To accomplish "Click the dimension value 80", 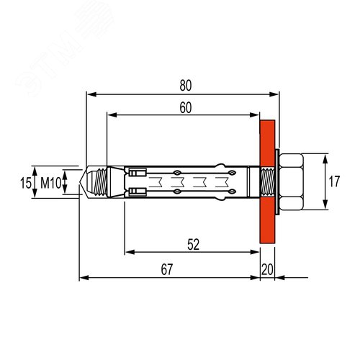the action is pos(186,86).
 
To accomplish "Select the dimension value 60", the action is pos(186,108).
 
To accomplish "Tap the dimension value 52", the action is pos(194,245).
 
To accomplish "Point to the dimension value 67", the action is pos(167,269).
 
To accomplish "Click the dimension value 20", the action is pos(267,269).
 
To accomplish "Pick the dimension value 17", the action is pos(334,181).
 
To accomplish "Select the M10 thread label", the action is pos(50,183).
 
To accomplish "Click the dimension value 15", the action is pos(26,183).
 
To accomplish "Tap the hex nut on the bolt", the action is pos(291,181).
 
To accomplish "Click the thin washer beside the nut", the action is pos(277,181).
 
